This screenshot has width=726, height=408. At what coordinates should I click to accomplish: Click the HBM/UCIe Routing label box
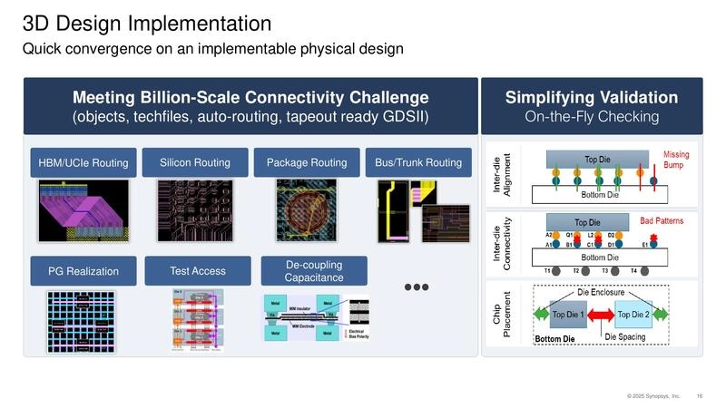[x=83, y=163]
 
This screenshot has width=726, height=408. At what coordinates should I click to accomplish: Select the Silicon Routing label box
[x=194, y=162]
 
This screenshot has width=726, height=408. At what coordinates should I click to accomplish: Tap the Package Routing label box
[x=306, y=162]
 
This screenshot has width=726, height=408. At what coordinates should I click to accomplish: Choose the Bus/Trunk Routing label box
[x=418, y=162]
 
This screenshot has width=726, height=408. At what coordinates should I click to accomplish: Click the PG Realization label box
[x=83, y=270]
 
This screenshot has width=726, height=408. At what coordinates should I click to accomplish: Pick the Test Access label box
[x=197, y=270]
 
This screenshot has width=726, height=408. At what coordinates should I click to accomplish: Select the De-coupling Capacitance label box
[x=313, y=270]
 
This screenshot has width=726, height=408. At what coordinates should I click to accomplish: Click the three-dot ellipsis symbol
[x=416, y=287]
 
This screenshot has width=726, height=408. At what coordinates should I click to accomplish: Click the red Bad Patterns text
[x=662, y=220]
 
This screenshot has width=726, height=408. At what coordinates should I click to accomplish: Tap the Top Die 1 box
[x=568, y=315]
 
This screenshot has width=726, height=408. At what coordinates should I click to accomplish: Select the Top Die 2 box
[x=635, y=315]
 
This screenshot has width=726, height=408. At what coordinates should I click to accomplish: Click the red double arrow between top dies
[x=602, y=316]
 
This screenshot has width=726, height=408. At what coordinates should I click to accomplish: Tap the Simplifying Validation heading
[x=591, y=97]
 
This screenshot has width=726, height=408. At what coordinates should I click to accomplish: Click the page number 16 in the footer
[x=700, y=395]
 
